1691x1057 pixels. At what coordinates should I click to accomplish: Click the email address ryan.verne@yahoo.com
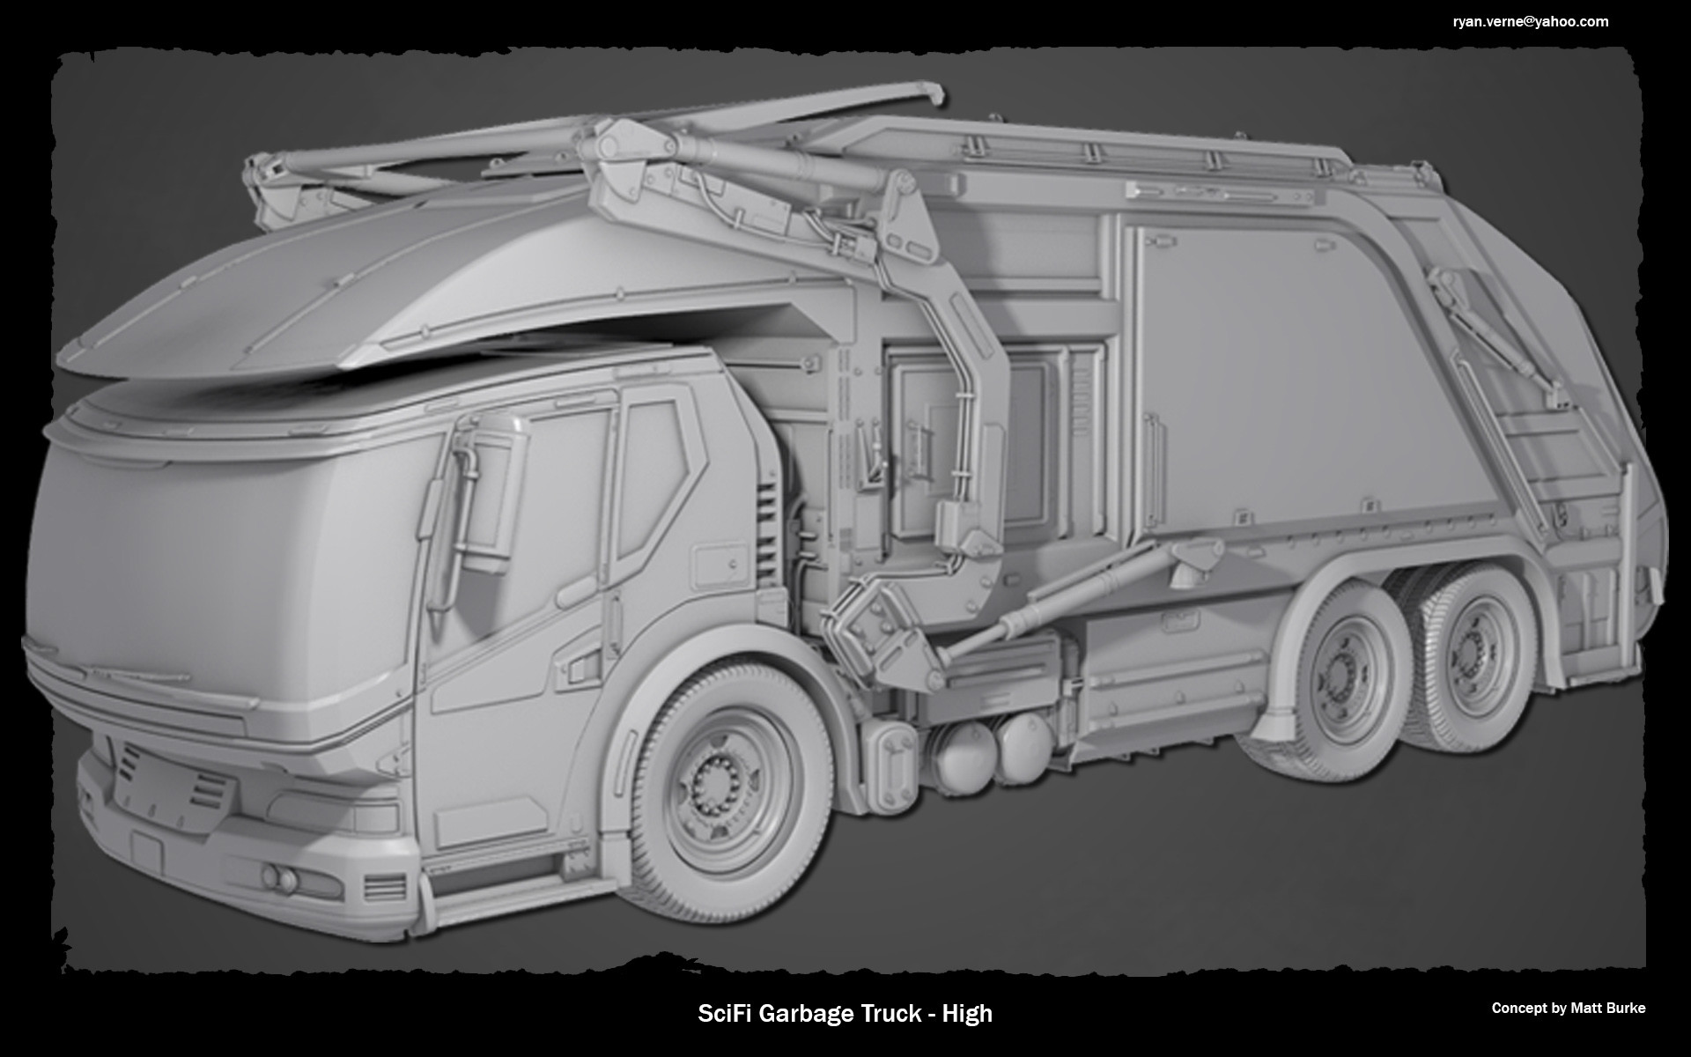(x=1531, y=22)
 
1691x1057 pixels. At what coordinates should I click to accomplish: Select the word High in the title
(x=967, y=1014)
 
